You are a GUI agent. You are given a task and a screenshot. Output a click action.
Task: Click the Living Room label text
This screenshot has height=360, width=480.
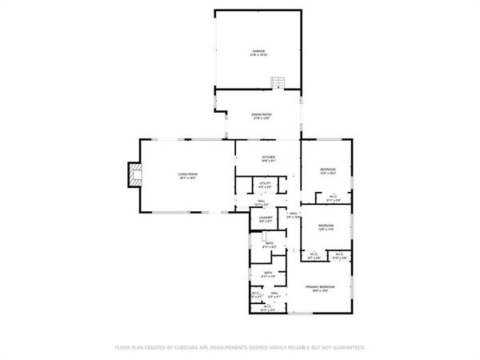coord(187,174)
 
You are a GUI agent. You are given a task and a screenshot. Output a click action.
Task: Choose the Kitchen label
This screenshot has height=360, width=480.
coord(267,157)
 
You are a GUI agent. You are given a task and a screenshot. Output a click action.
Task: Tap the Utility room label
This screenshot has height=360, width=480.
coord(265,184)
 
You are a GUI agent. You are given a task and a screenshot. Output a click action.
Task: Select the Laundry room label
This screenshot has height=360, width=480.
coord(265,218)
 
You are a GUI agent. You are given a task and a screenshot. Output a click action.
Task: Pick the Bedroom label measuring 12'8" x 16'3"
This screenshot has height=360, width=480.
coord(328,170)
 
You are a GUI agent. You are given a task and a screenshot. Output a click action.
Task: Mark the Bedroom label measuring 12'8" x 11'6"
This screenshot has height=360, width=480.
coord(325,226)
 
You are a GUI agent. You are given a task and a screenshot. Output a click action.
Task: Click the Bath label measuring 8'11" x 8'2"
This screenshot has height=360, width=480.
coord(270,243)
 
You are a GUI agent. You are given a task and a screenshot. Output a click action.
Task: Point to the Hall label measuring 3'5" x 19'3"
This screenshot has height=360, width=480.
coord(294,213)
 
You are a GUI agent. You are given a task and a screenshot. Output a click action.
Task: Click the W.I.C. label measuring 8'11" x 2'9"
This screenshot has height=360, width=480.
coord(333,197)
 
